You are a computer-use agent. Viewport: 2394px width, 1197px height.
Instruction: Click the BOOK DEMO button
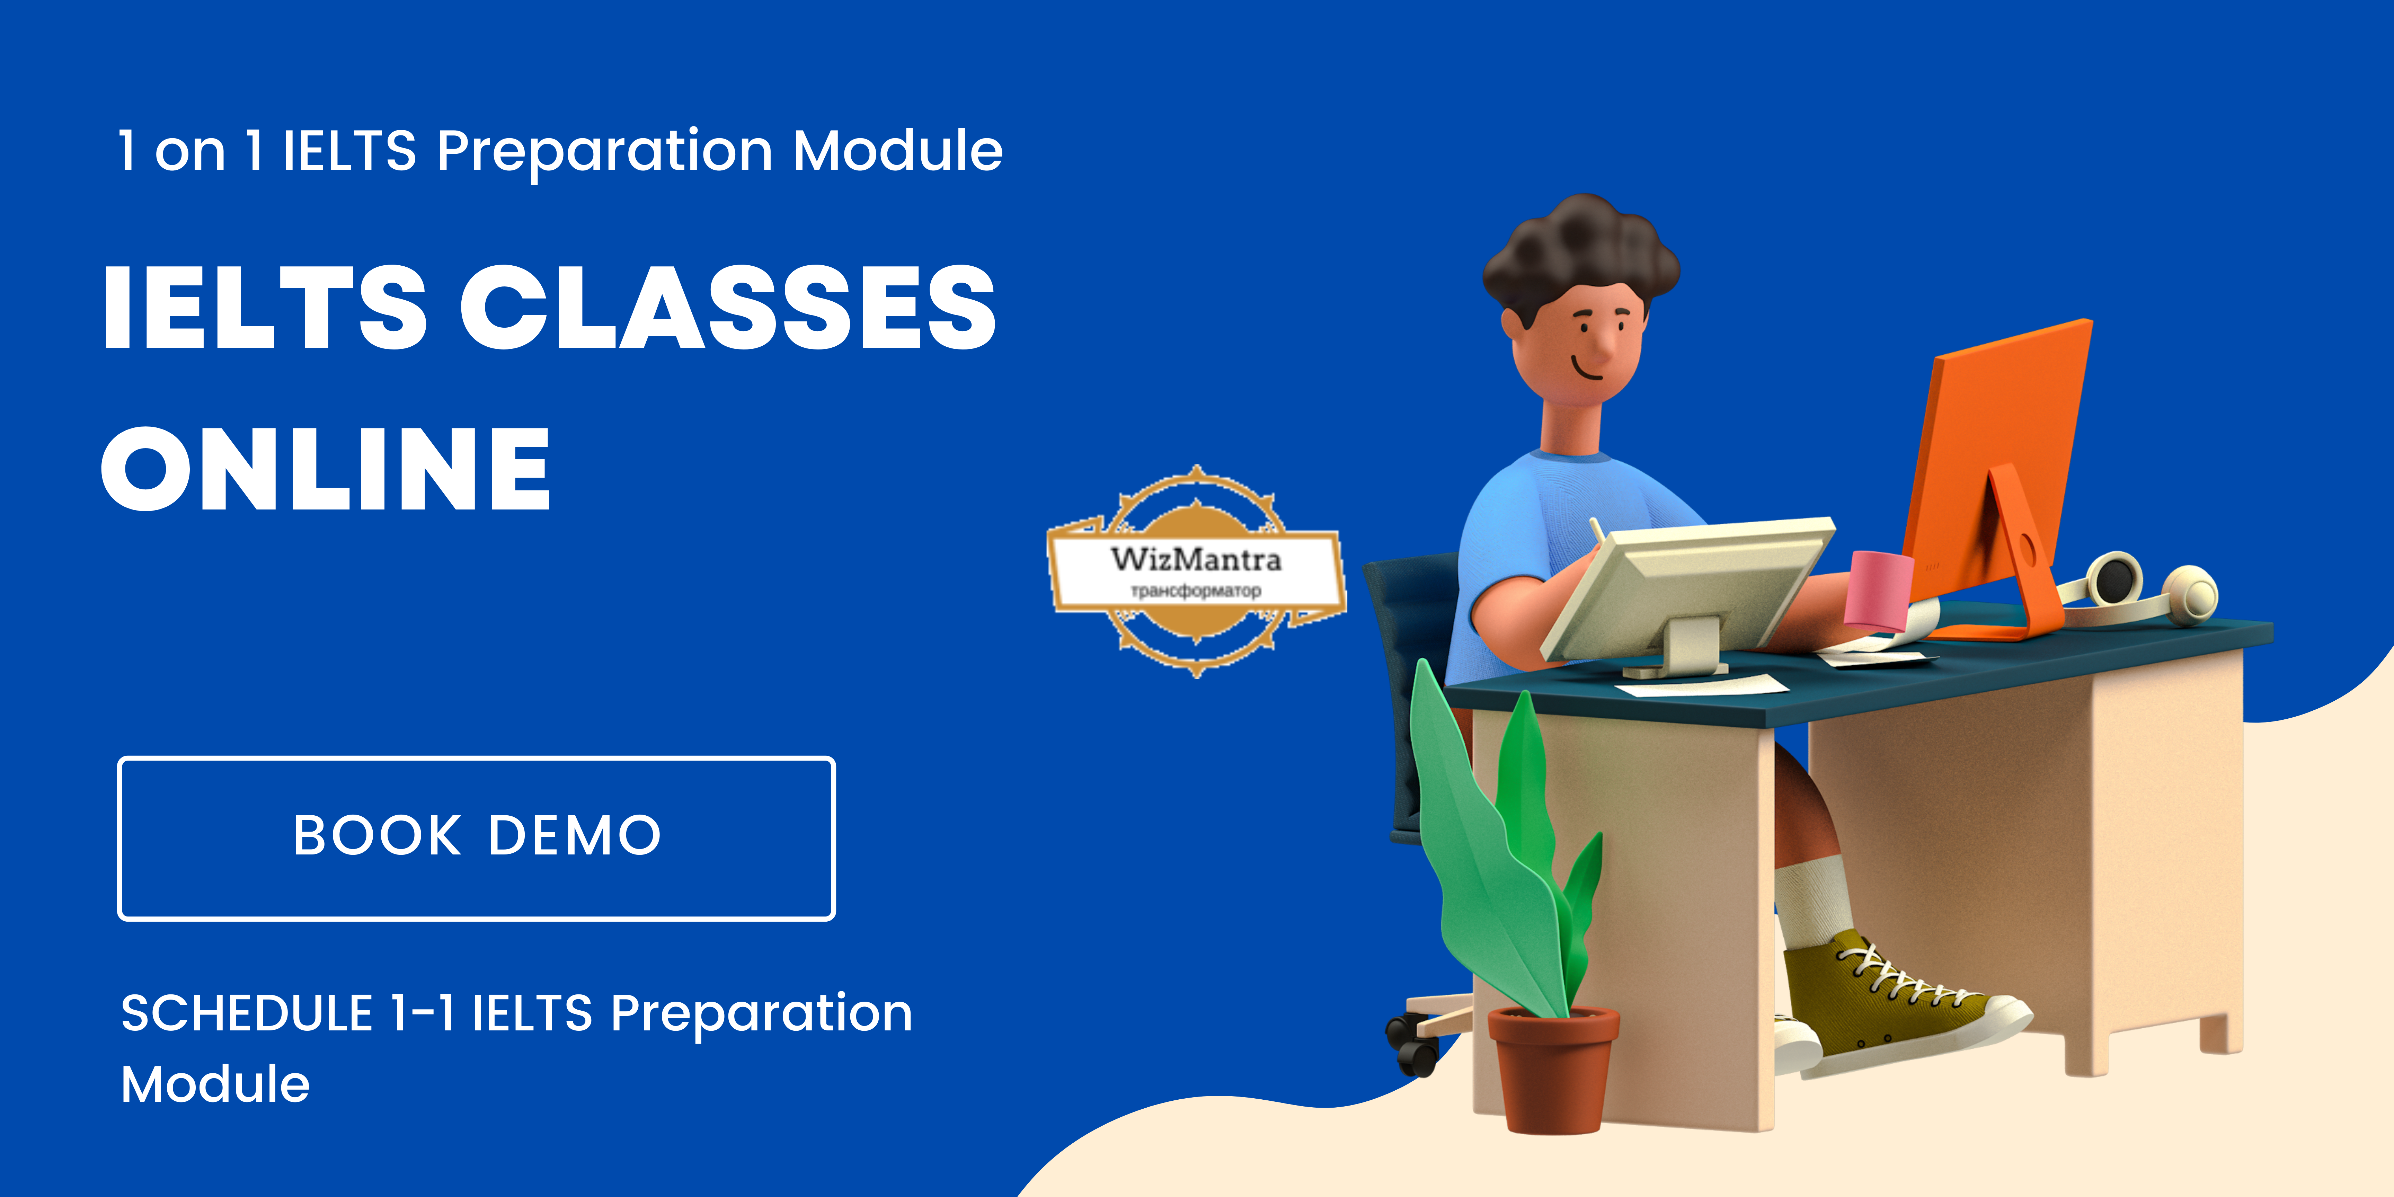[x=476, y=838]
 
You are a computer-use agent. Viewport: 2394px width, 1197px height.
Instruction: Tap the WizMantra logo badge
[x=1197, y=571]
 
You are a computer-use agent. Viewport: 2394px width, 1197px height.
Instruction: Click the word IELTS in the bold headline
[x=265, y=307]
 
